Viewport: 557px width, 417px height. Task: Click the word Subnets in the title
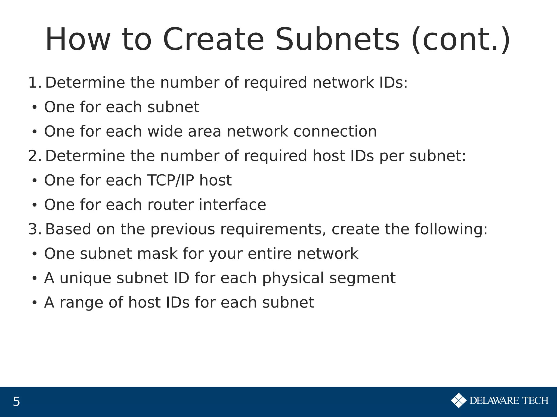(x=337, y=40)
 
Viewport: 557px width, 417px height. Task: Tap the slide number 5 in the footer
(x=16, y=402)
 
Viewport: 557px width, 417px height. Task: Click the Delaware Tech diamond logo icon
(x=459, y=400)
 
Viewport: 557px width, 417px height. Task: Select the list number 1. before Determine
(x=35, y=83)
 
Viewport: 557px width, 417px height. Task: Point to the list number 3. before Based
(x=35, y=229)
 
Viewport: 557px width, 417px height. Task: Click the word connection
(x=335, y=132)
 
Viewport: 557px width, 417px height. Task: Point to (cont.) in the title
(x=461, y=40)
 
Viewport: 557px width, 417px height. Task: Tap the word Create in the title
(x=213, y=40)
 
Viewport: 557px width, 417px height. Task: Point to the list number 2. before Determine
(x=35, y=156)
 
